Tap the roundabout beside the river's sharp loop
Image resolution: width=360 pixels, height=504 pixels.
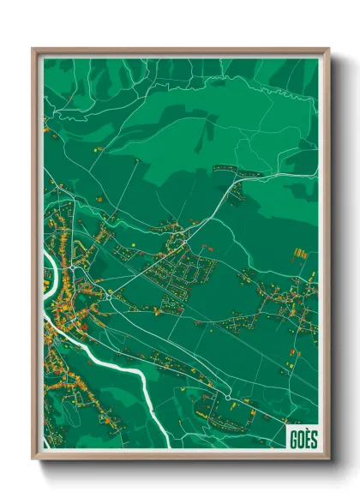coord(110,294)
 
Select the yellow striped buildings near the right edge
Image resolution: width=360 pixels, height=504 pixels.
coord(300,254)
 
